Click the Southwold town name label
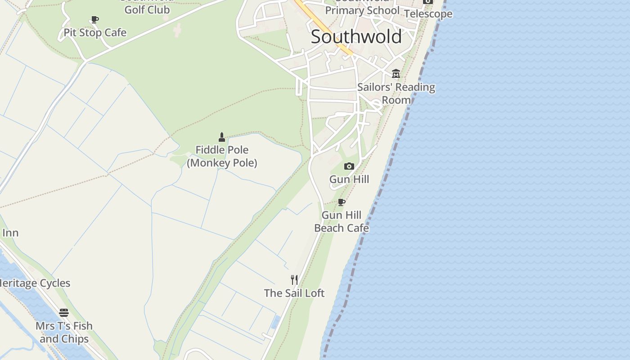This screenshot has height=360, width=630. click(356, 37)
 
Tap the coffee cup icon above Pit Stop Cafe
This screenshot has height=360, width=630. click(94, 20)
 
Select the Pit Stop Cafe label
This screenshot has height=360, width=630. click(95, 33)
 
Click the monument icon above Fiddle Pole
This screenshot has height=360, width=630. click(221, 137)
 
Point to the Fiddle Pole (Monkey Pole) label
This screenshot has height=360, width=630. click(222, 156)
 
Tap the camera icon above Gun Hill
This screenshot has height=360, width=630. click(349, 166)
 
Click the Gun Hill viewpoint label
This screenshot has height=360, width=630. click(349, 180)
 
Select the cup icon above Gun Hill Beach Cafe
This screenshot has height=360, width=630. click(342, 202)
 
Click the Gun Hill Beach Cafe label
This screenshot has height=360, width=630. click(342, 221)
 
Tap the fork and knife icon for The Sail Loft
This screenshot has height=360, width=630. click(294, 280)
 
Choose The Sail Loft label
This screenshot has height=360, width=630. click(294, 293)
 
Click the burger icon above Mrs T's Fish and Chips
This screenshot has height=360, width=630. click(64, 313)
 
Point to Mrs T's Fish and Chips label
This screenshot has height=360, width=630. click(64, 332)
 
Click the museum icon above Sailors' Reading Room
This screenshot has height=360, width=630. click(396, 73)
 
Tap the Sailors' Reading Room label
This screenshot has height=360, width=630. click(396, 94)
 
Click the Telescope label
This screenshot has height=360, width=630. click(428, 14)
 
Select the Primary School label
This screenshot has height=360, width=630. click(362, 10)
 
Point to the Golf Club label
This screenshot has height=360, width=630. click(147, 9)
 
